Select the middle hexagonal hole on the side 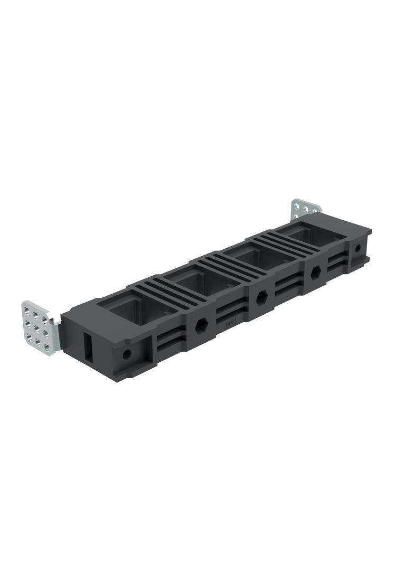click(261, 298)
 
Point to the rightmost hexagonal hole click(316, 273)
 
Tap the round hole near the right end click(357, 248)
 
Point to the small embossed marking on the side click(229, 319)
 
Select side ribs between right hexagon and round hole click(338, 261)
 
